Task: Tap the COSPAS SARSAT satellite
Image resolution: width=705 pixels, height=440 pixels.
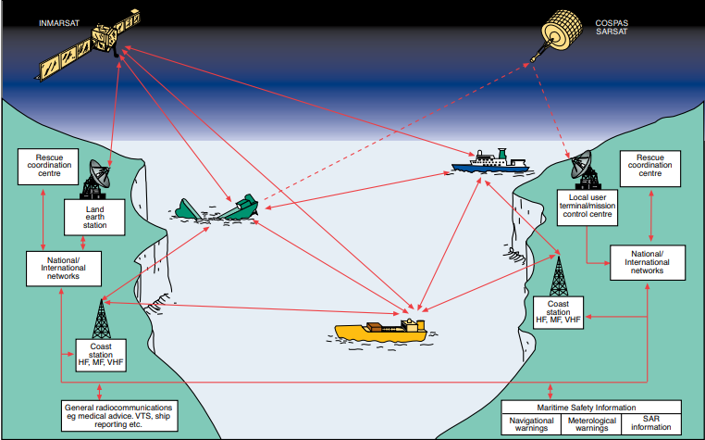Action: tap(565, 35)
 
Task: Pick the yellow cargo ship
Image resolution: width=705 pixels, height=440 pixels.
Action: tap(380, 330)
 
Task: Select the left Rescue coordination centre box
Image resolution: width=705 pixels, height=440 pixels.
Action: tap(45, 166)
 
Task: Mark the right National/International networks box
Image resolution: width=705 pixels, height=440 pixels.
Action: tap(648, 262)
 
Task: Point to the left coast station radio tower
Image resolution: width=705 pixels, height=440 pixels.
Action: tap(99, 320)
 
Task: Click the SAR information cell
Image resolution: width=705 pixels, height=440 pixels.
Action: tap(651, 424)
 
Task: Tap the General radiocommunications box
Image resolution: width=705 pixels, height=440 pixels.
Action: tap(118, 414)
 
